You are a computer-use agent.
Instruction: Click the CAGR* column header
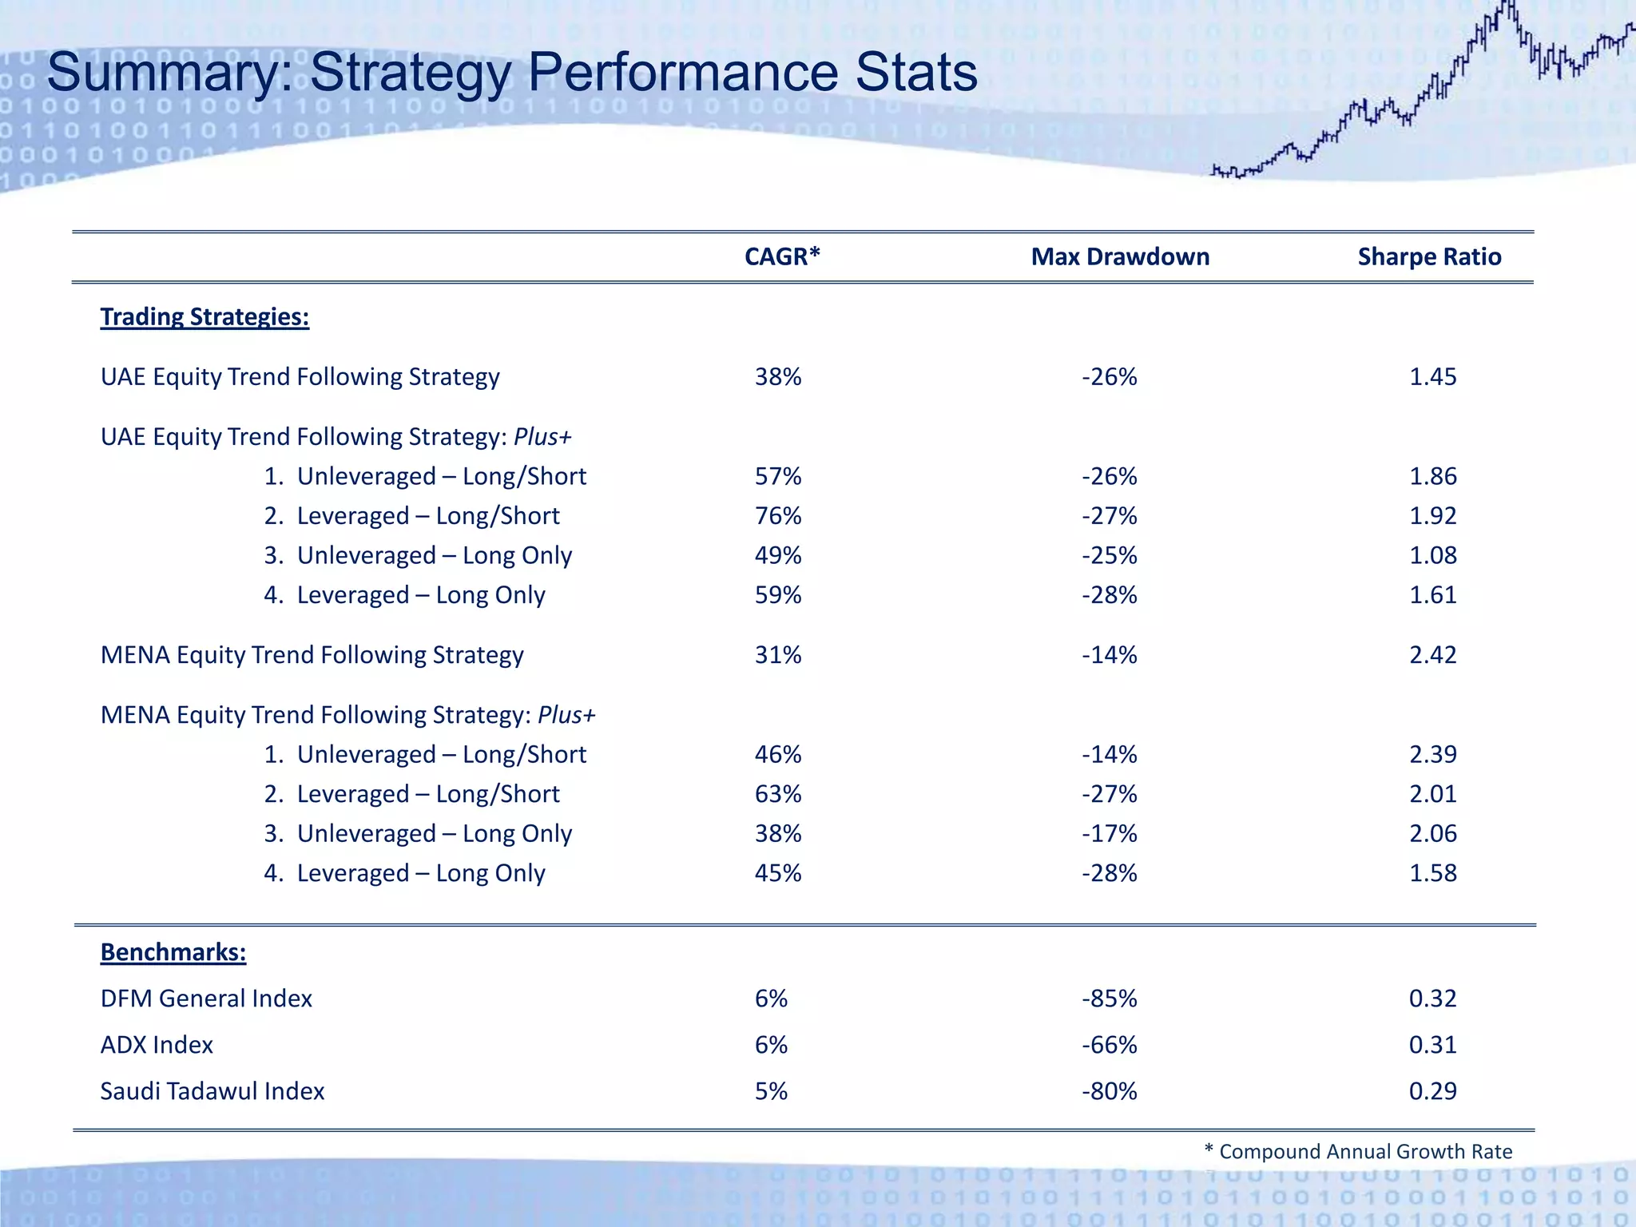coord(782,256)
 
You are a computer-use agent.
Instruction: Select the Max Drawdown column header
coord(1120,256)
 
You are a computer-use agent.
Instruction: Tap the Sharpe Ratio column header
coord(1429,256)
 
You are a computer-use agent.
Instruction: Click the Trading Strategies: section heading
coord(204,317)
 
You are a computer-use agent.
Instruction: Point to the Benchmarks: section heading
coord(173,952)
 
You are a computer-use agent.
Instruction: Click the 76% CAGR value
coord(778,516)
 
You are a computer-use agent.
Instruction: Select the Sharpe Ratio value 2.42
coord(1432,655)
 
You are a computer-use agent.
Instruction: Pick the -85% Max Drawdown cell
coord(1109,999)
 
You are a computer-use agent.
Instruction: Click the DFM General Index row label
coord(206,999)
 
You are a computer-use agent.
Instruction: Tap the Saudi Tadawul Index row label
coord(212,1091)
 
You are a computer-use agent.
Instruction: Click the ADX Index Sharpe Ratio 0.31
coord(1432,1045)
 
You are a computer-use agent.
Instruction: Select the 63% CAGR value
coord(778,794)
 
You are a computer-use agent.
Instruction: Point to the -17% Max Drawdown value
coord(1109,834)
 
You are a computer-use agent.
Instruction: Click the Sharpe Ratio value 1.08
coord(1432,555)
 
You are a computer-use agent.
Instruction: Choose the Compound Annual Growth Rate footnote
coord(1358,1151)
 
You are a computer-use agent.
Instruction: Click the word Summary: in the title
coord(171,73)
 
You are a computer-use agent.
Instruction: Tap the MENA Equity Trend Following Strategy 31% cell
coord(778,655)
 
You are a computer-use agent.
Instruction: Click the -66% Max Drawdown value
coord(1109,1045)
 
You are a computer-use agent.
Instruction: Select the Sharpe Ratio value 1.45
coord(1432,377)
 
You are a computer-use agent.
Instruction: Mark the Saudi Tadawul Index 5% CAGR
coord(771,1091)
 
